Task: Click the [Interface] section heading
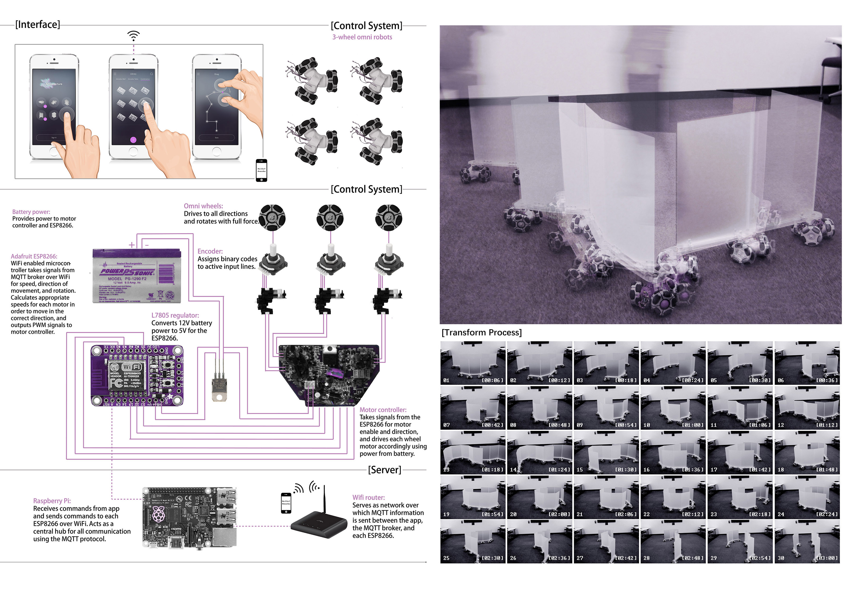[37, 24]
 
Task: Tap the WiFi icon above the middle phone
[133, 36]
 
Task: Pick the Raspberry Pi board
[189, 518]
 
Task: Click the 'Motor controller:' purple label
[383, 410]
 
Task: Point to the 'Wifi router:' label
[369, 497]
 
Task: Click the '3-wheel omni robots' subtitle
[362, 37]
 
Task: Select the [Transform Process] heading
[482, 333]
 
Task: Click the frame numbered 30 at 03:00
[807, 541]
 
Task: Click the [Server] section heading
[384, 470]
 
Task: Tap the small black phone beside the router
[286, 503]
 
